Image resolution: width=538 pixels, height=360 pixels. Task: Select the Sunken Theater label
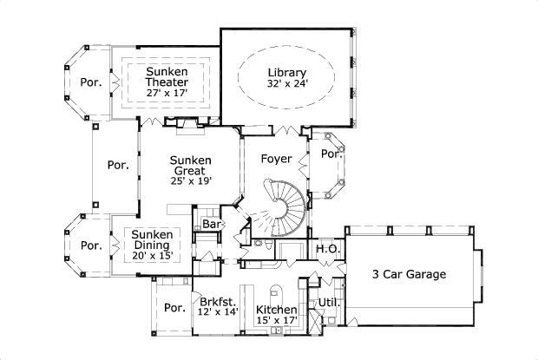[167, 76]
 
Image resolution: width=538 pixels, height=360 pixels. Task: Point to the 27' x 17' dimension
[167, 91]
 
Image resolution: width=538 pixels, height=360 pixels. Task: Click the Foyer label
[276, 159]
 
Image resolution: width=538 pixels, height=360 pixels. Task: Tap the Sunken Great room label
[191, 166]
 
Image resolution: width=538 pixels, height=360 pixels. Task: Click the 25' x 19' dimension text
[191, 181]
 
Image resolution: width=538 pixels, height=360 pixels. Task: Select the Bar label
[210, 225]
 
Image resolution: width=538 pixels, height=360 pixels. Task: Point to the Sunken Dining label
[152, 239]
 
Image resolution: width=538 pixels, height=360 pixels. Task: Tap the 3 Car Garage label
[409, 275]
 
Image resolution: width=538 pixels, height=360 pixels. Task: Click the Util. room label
[327, 303]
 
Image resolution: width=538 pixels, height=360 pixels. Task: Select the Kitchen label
[277, 310]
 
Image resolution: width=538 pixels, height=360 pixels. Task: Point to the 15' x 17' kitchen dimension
[277, 321]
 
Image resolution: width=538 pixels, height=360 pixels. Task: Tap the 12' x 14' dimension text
[218, 310]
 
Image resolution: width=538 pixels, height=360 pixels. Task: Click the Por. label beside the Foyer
[330, 154]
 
